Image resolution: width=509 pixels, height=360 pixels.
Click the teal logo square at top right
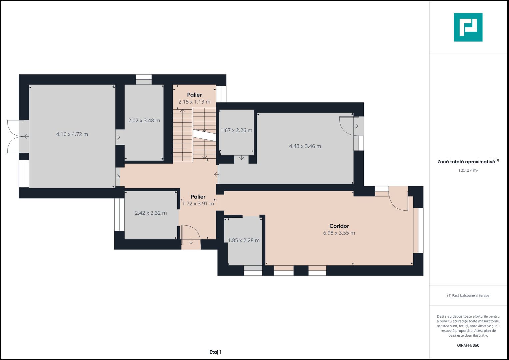(468, 27)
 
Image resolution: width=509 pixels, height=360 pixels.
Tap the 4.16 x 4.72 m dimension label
(72, 134)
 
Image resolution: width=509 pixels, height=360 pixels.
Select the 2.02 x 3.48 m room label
(144, 120)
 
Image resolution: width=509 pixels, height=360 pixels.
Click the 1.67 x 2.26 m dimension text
(236, 130)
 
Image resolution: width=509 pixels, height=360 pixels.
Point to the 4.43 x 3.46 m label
(305, 146)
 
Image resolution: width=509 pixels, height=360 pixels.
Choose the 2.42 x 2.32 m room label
(151, 213)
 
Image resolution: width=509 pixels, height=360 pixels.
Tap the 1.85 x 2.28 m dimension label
(244, 240)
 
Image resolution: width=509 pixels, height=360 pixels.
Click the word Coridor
(339, 226)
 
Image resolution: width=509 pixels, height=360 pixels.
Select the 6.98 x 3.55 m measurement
(339, 233)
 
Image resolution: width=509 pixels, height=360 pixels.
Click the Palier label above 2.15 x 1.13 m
(194, 95)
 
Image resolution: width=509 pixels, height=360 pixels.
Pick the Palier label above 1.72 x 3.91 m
(198, 197)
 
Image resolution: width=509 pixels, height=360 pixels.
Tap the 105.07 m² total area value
(468, 170)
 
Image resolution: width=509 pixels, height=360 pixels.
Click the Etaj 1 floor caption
(215, 352)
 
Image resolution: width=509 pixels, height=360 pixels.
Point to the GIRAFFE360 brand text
(468, 345)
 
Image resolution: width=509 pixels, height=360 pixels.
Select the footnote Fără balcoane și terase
(468, 295)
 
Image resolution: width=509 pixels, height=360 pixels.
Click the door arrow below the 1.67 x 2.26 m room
(241, 157)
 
